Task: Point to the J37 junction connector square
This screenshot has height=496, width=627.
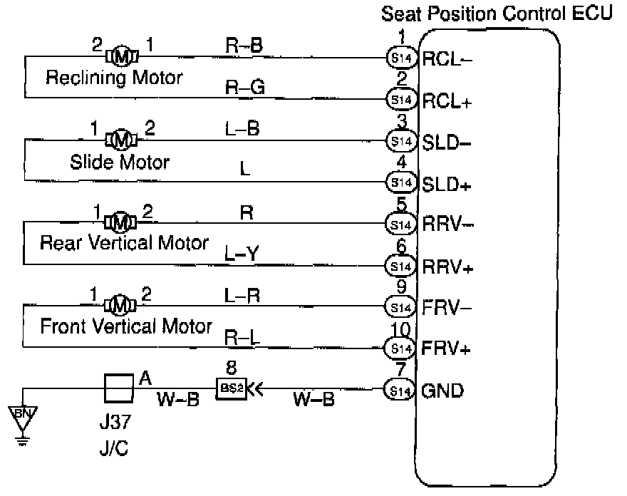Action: (x=118, y=390)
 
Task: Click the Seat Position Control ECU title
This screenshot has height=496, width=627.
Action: (x=497, y=14)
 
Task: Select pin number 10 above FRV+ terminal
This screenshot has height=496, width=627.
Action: (x=400, y=331)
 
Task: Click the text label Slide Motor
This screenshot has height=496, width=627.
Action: (x=120, y=162)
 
